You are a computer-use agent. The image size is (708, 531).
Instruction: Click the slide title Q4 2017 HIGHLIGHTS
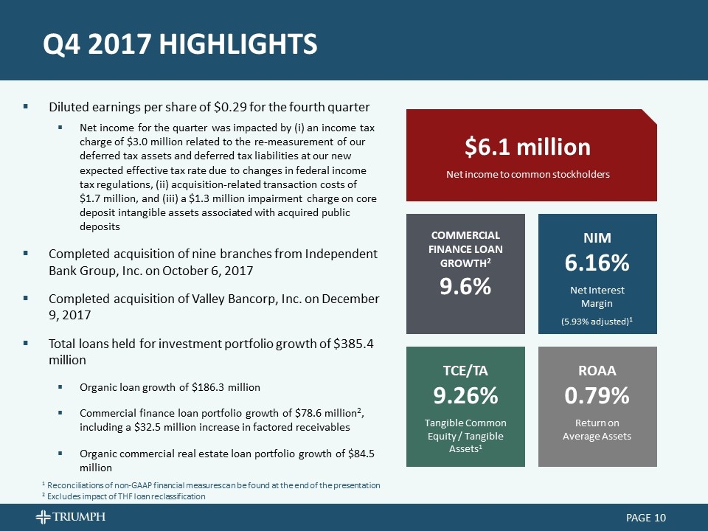(180, 44)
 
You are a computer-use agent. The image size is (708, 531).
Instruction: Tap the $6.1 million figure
(527, 147)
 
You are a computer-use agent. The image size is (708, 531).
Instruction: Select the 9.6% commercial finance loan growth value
(465, 287)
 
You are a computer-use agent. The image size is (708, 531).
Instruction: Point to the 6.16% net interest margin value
(597, 263)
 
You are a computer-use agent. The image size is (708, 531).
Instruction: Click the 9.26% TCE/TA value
(465, 396)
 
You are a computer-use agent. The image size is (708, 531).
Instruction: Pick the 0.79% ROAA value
(597, 396)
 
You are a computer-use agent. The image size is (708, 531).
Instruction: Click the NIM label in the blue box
(597, 237)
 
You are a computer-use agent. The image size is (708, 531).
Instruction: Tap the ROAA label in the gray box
(597, 370)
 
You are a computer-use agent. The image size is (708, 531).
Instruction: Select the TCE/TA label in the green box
(465, 370)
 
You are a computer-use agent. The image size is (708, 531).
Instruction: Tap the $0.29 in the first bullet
(226, 105)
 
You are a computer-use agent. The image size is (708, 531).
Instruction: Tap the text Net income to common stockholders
(527, 174)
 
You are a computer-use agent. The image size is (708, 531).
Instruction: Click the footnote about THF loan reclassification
(123, 496)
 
